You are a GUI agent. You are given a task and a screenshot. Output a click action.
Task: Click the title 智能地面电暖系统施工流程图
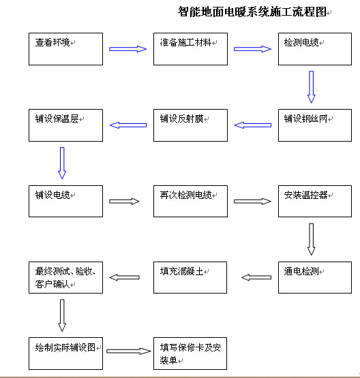click(252, 12)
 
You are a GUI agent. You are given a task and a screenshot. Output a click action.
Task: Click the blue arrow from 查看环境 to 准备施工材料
click(128, 49)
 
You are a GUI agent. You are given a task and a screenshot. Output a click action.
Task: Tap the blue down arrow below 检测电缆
click(312, 87)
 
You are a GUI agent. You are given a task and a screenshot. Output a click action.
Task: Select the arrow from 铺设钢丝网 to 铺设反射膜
click(253, 125)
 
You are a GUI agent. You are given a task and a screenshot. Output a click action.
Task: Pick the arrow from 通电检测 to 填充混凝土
click(256, 277)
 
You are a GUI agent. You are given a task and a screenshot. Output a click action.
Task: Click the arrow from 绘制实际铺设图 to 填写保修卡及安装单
click(129, 351)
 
